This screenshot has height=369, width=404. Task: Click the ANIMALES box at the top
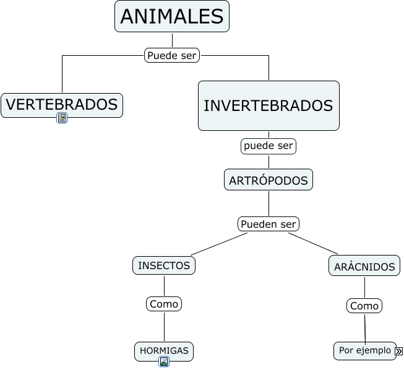tap(171, 16)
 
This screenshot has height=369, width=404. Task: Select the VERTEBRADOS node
tap(62, 105)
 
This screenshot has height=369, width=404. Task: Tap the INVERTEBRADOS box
tap(269, 105)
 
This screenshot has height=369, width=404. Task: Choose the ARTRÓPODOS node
tap(268, 180)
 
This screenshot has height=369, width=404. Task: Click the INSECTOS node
tap(164, 265)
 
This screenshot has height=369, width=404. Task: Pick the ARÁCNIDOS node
tap(364, 267)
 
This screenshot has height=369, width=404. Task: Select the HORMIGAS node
tap(164, 351)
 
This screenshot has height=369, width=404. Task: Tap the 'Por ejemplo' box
tap(364, 350)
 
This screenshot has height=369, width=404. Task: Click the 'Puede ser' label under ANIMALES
tap(172, 55)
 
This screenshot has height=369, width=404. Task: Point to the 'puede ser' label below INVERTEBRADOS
tap(269, 146)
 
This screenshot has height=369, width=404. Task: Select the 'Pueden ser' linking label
tap(269, 224)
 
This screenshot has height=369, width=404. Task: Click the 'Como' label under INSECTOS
tap(164, 304)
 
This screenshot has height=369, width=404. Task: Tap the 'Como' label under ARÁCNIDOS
tap(364, 306)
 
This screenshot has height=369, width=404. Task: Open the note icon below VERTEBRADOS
tap(62, 118)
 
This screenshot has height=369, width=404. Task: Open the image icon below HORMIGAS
tap(164, 362)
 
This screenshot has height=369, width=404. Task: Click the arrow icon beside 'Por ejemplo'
tap(398, 352)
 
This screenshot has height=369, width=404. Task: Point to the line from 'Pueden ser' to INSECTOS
tap(213, 244)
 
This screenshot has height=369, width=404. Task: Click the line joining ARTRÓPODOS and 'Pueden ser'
tap(269, 203)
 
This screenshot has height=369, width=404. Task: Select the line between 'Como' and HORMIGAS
tap(164, 327)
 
